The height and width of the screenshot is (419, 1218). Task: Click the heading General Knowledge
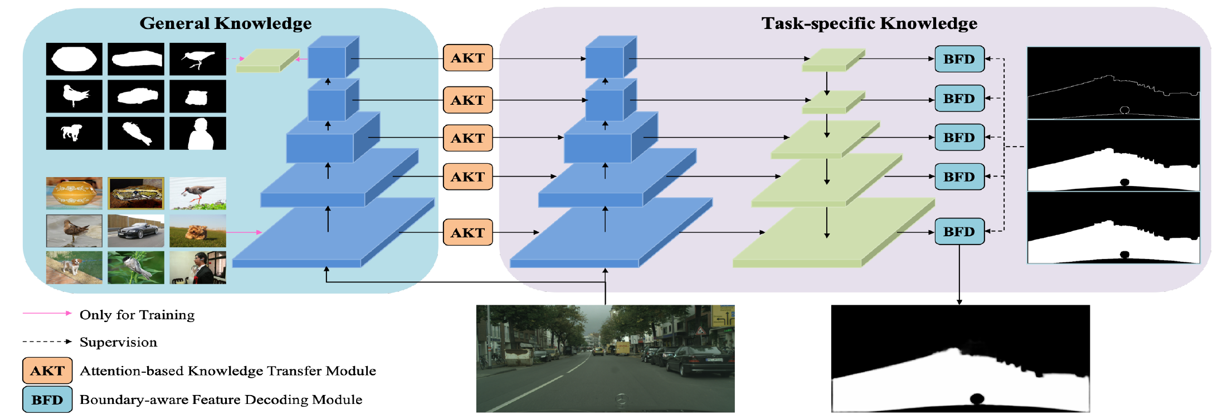click(x=225, y=23)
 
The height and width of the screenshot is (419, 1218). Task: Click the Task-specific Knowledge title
click(x=869, y=23)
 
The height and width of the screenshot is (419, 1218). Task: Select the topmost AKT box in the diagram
click(x=468, y=58)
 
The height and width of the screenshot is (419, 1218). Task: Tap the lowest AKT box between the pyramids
click(x=468, y=232)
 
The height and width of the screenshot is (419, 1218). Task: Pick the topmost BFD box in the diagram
click(x=959, y=59)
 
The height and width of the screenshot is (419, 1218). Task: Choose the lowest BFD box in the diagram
click(x=959, y=232)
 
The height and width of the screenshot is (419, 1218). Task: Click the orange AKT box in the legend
click(x=47, y=371)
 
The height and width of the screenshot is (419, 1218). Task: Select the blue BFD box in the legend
click(x=47, y=399)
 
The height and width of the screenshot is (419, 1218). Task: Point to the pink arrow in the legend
click(x=47, y=313)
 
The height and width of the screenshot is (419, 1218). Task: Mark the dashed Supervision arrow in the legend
click(x=47, y=342)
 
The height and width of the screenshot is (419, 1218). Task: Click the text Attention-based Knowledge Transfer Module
click(x=228, y=371)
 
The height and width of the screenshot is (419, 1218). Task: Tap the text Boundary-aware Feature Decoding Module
click(x=221, y=399)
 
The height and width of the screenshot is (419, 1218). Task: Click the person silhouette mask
click(x=198, y=133)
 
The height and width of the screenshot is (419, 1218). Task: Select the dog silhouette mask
click(x=74, y=133)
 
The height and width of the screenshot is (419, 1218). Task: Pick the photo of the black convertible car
click(x=136, y=231)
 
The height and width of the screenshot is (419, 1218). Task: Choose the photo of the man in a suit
click(x=198, y=267)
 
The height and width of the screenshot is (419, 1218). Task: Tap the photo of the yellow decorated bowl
click(x=74, y=193)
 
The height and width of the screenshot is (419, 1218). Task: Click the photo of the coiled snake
click(x=136, y=193)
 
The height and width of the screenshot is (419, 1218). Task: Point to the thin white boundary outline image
click(x=1113, y=83)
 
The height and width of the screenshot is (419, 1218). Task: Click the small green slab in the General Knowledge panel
click(x=268, y=60)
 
